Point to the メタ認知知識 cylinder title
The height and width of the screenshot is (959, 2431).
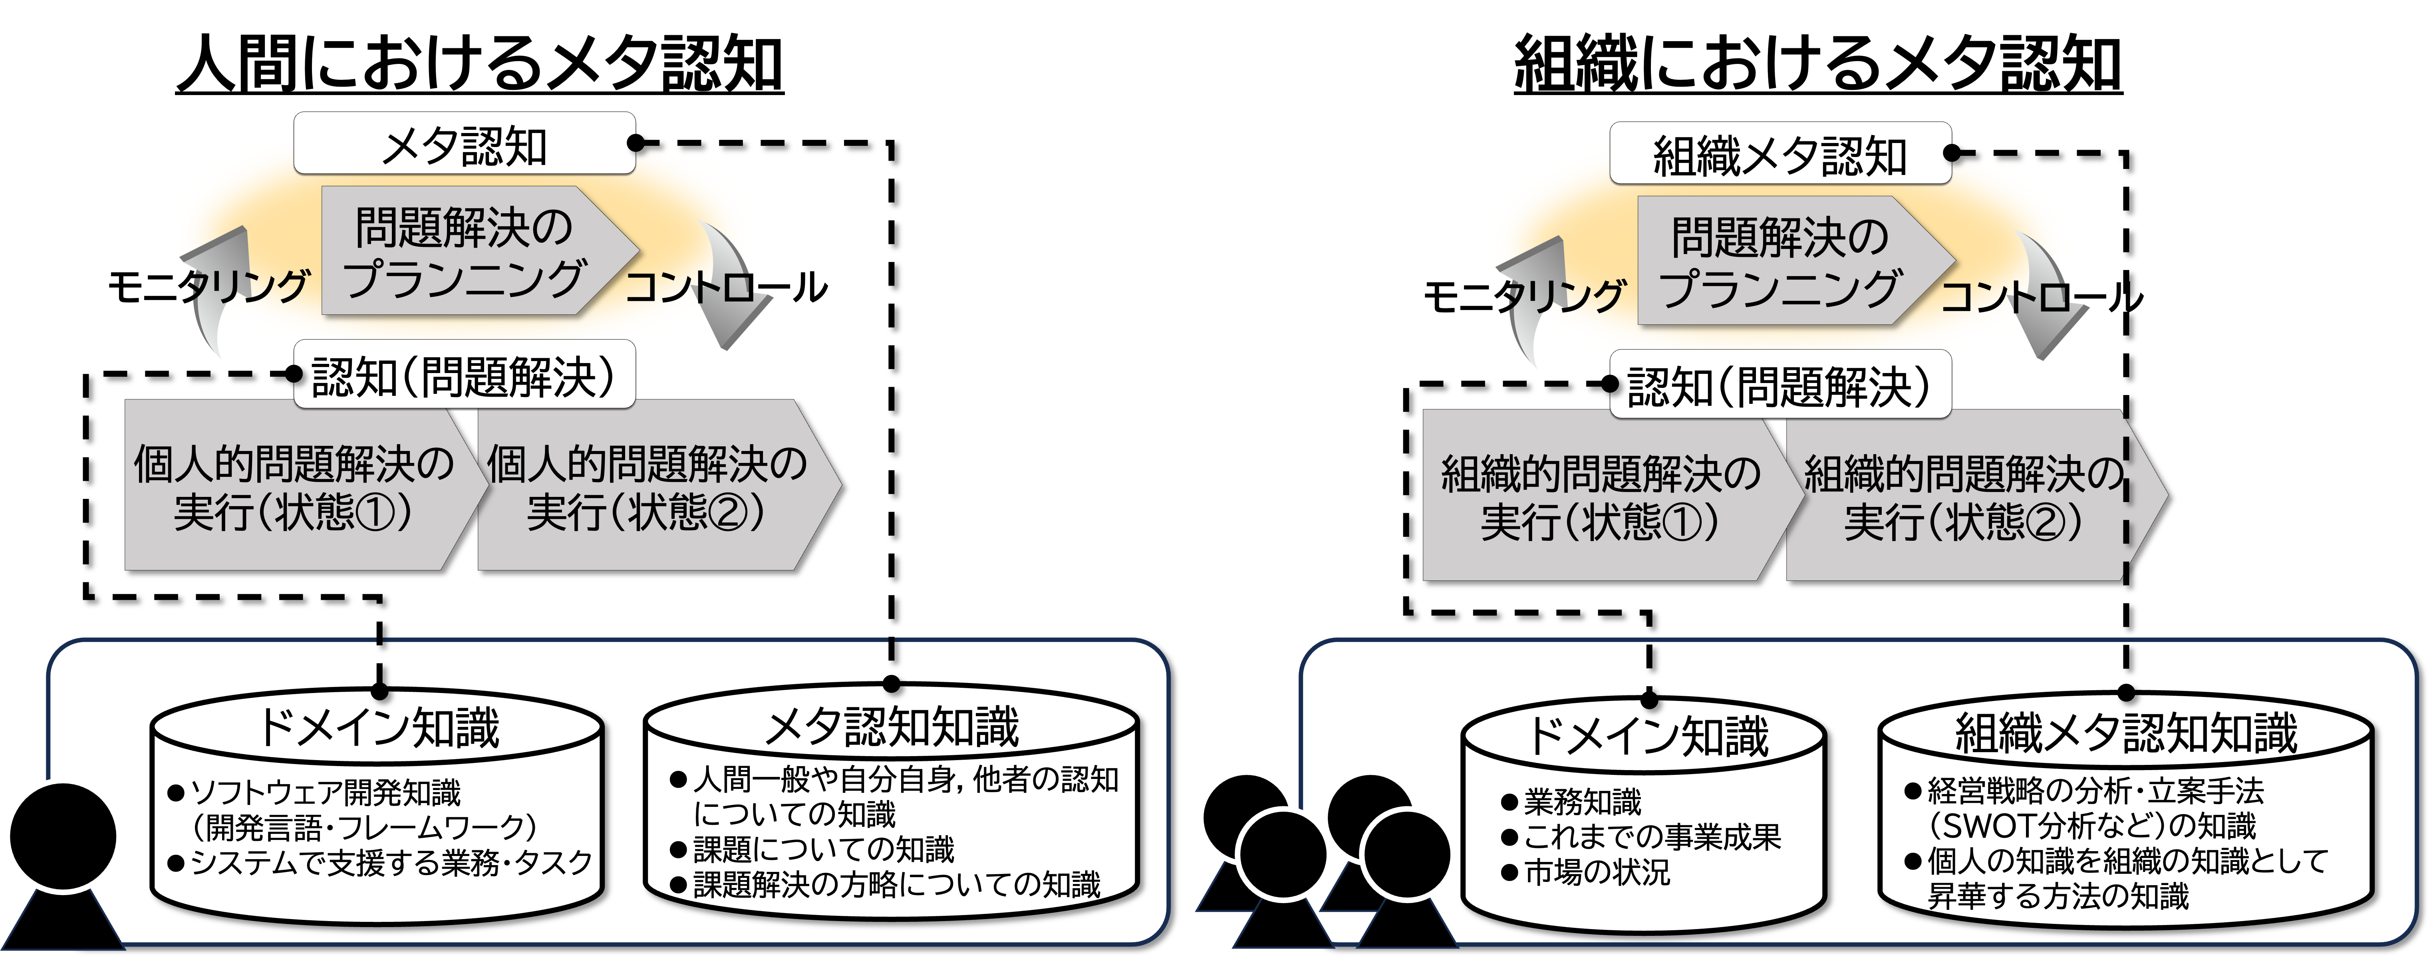892,727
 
